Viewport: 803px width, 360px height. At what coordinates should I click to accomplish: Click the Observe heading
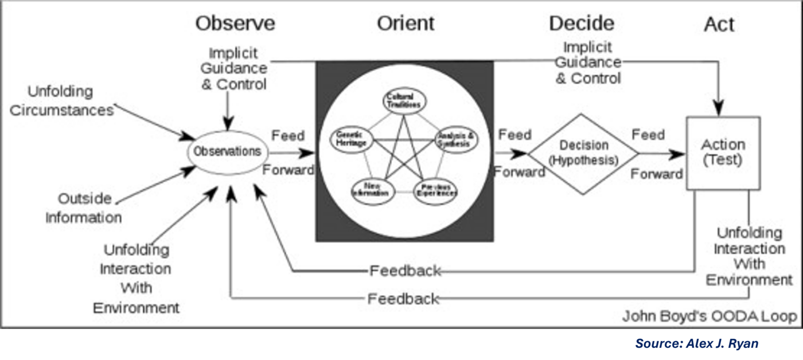pyautogui.click(x=235, y=24)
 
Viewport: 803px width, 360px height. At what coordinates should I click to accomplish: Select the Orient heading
pyautogui.click(x=406, y=24)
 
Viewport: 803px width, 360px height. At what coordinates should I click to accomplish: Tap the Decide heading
pyautogui.click(x=581, y=24)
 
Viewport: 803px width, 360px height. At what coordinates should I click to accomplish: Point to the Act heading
pyautogui.click(x=719, y=25)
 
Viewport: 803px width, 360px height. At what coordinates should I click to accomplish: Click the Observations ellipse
pyautogui.click(x=227, y=152)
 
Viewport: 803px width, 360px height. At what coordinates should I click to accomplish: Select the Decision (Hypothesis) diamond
pyautogui.click(x=583, y=154)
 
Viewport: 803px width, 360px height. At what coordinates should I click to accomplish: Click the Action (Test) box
pyautogui.click(x=723, y=152)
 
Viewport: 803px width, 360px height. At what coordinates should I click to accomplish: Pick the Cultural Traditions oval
pyautogui.click(x=405, y=100)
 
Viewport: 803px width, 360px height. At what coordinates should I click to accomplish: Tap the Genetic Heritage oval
pyautogui.click(x=352, y=140)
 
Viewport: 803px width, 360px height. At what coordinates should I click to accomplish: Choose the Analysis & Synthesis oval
pyautogui.click(x=457, y=140)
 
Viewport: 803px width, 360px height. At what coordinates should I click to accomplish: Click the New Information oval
pyautogui.click(x=372, y=190)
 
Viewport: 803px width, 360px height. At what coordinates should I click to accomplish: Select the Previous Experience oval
pyautogui.click(x=436, y=190)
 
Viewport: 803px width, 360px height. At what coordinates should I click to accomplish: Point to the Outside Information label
pyautogui.click(x=84, y=208)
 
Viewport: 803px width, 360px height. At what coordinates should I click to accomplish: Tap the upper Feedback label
pyautogui.click(x=405, y=271)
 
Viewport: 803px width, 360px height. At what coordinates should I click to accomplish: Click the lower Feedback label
pyautogui.click(x=403, y=299)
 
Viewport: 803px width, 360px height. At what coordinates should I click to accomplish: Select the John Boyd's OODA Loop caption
pyautogui.click(x=709, y=316)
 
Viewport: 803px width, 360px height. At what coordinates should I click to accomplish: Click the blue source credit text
pyautogui.click(x=696, y=343)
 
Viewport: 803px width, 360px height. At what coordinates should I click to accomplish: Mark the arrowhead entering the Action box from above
pyautogui.click(x=718, y=108)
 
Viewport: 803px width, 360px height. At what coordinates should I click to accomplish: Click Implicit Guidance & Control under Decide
pyautogui.click(x=588, y=62)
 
